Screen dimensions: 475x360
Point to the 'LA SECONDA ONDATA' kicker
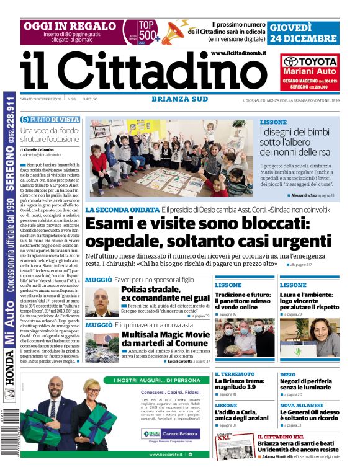pyautogui.click(x=122, y=210)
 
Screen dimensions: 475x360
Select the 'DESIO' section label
pyautogui.click(x=288, y=375)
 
